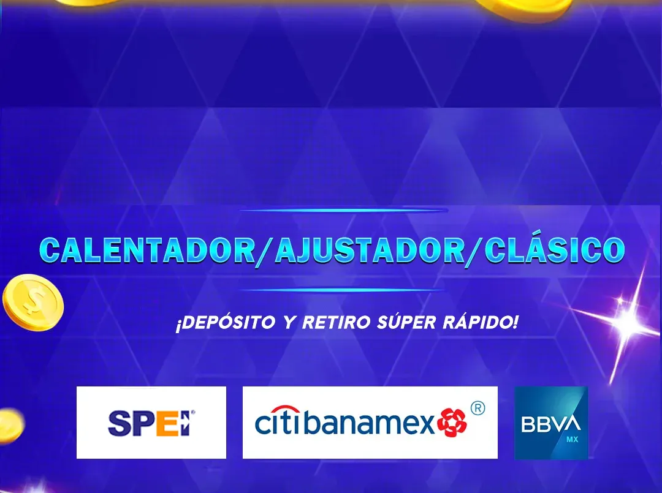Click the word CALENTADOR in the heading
click(148, 250)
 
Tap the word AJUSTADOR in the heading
click(370, 250)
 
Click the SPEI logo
click(151, 423)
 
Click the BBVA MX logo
click(551, 423)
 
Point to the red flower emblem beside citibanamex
click(452, 423)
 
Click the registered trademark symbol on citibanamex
click(477, 408)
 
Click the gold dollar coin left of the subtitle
click(33, 303)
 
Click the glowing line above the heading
click(343, 210)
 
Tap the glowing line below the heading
click(342, 290)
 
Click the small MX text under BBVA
click(572, 440)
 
